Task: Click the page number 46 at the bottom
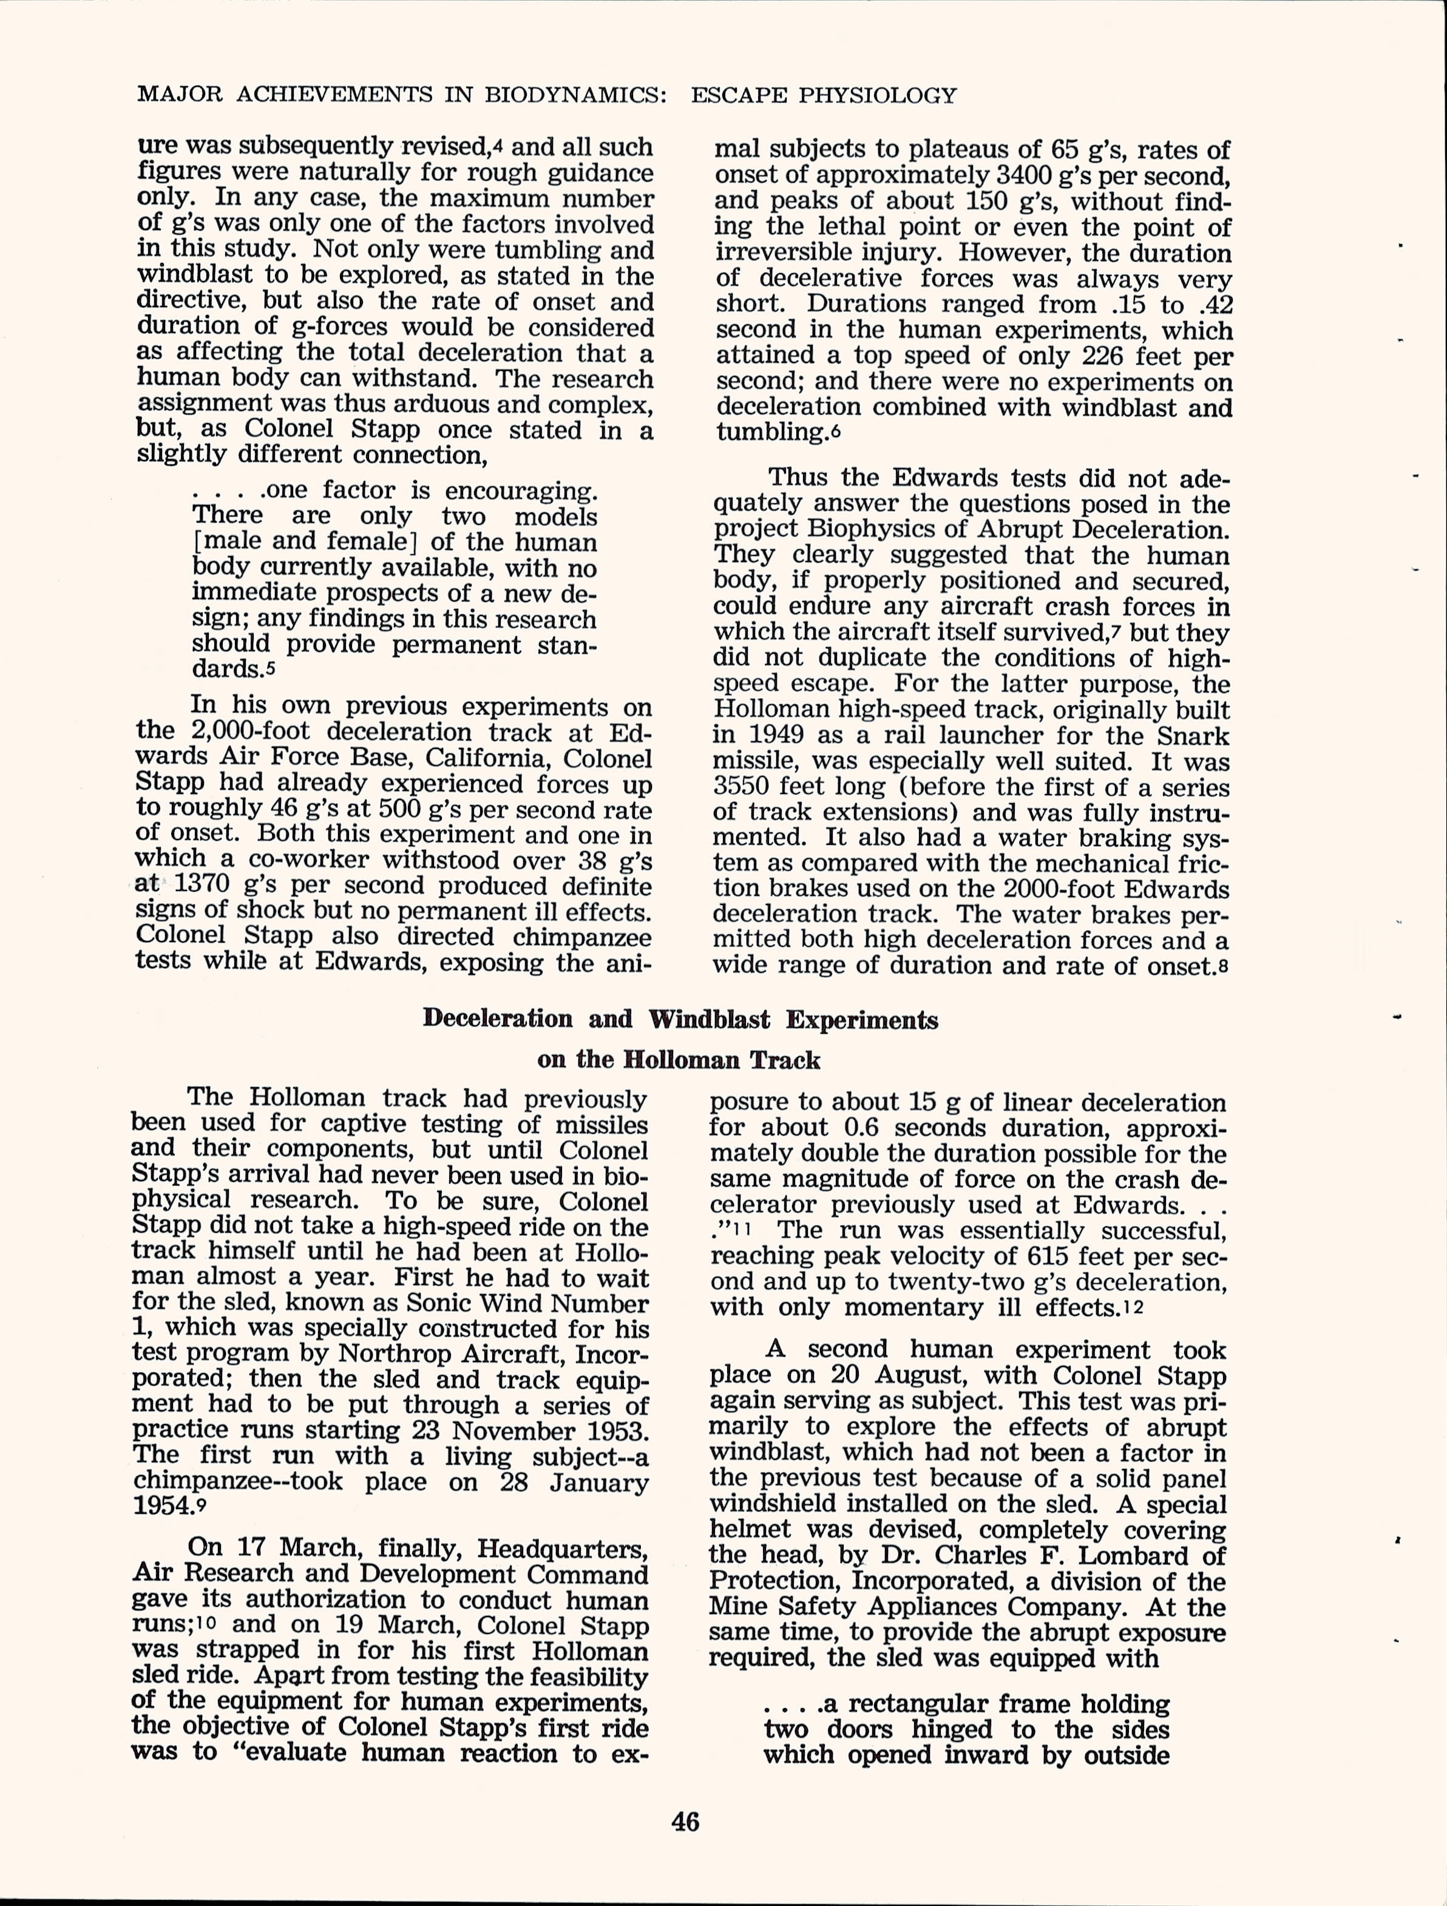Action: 685,1822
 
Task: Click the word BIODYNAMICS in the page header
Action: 575,95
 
